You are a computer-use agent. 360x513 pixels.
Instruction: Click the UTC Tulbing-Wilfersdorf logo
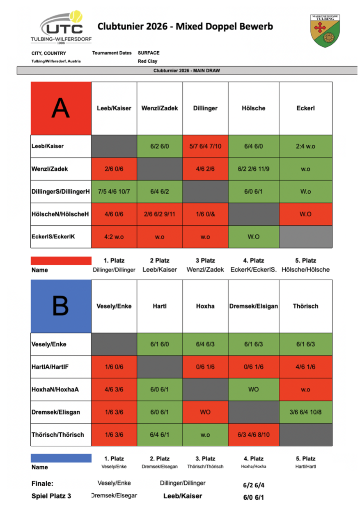(x=61, y=27)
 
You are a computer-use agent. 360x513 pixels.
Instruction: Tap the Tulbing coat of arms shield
(x=325, y=31)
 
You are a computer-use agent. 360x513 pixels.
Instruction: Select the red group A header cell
(x=61, y=108)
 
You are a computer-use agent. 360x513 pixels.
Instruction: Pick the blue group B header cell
(x=61, y=306)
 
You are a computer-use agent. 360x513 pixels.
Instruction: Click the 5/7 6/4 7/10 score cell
(x=205, y=146)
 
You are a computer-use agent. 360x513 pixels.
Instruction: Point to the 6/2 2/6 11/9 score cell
(x=254, y=169)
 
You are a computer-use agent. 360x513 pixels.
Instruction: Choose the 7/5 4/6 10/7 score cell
(x=114, y=192)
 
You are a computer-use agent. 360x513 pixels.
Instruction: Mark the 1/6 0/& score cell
(x=205, y=214)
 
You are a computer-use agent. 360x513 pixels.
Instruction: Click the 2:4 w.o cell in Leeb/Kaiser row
(x=305, y=146)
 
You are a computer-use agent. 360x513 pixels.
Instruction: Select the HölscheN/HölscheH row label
(x=60, y=214)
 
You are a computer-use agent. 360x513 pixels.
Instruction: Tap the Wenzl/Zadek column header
(x=160, y=108)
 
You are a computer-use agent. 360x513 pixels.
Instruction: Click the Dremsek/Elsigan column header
(x=254, y=306)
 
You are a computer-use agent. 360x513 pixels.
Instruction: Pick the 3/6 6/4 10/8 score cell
(x=305, y=412)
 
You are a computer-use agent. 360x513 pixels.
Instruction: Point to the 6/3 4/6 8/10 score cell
(x=254, y=435)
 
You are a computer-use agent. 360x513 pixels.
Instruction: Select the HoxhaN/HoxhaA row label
(x=55, y=389)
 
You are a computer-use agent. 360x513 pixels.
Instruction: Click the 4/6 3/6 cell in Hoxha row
(x=114, y=389)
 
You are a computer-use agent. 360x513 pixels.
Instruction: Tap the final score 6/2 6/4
(x=254, y=485)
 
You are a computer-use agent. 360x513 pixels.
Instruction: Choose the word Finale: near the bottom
(x=42, y=483)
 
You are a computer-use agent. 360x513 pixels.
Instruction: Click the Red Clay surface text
(x=147, y=61)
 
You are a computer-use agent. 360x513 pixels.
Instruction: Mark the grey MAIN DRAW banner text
(x=187, y=71)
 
